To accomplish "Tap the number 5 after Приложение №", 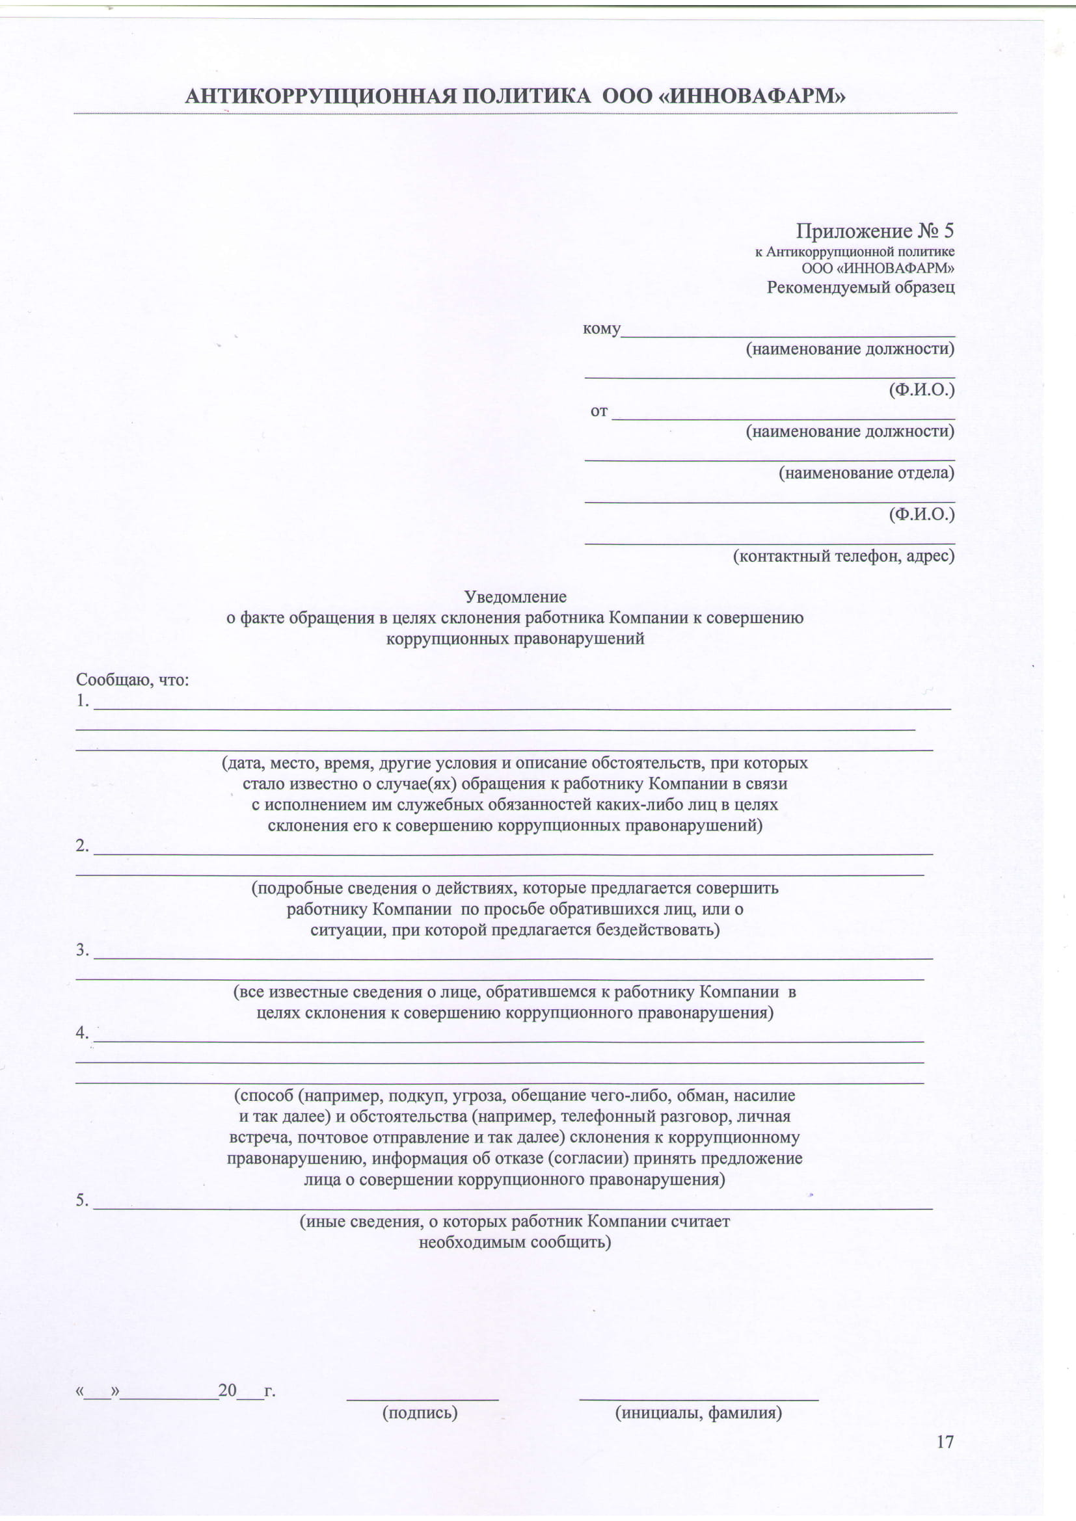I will (x=948, y=231).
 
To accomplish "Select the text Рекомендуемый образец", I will (x=861, y=287).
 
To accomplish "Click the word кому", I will (x=601, y=328).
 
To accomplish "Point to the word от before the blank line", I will (x=599, y=411).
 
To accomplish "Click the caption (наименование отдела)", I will (x=866, y=472).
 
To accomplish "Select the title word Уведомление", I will (x=515, y=597).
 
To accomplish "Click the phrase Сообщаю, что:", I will (x=133, y=680).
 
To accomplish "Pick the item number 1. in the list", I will (x=82, y=701).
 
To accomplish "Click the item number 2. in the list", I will (x=82, y=846).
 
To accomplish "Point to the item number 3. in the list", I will (x=82, y=950).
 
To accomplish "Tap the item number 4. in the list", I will (x=82, y=1033).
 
